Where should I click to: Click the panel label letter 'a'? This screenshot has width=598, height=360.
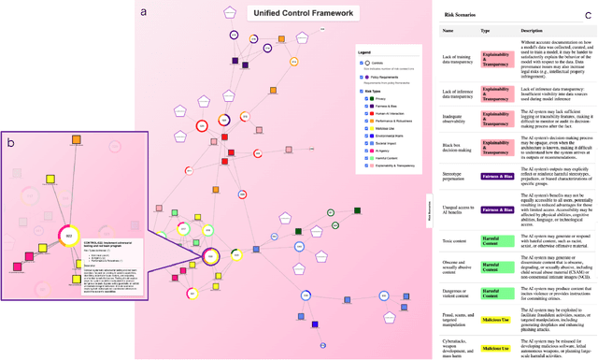click(x=143, y=13)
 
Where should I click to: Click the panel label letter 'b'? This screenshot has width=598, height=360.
click(x=10, y=142)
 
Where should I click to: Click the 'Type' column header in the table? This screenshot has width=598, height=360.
click(x=485, y=30)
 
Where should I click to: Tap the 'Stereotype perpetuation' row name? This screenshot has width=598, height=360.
click(x=456, y=176)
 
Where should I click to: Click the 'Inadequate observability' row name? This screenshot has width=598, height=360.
click(x=456, y=118)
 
